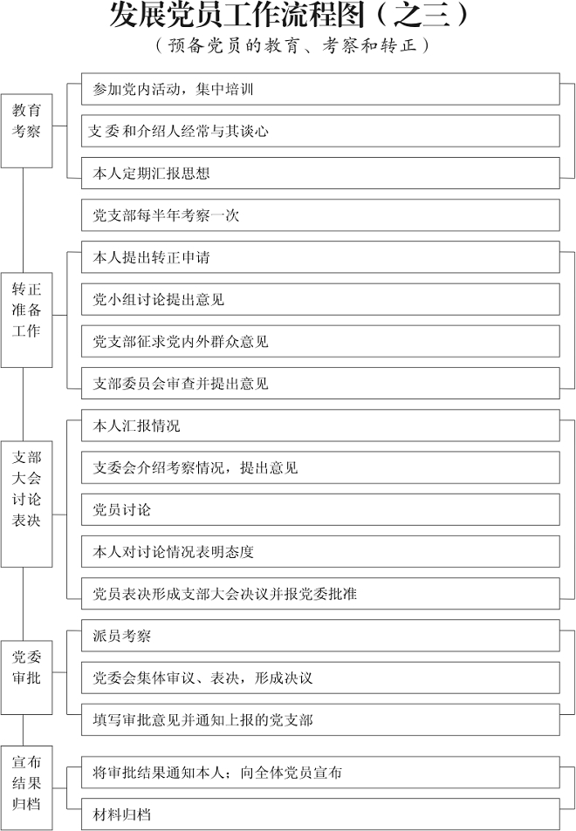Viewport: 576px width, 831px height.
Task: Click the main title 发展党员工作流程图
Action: (237, 14)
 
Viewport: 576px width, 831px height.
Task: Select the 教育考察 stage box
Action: (26, 131)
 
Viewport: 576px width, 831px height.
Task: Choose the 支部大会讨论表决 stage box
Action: (26, 504)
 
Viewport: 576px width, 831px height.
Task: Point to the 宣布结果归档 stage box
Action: (26, 787)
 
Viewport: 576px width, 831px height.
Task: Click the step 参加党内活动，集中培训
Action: (320, 89)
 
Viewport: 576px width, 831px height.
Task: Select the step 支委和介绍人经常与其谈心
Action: (320, 131)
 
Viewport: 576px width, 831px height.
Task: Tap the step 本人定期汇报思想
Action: (320, 174)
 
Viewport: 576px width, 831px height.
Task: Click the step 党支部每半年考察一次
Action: (320, 215)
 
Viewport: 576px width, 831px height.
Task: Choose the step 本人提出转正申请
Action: (320, 257)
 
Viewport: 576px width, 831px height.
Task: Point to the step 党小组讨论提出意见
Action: (320, 299)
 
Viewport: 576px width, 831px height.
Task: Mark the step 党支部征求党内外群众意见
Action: (320, 341)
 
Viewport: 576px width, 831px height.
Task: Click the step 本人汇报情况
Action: (320, 426)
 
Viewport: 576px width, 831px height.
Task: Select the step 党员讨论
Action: (320, 510)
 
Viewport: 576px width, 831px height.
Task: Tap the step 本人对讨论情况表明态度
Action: (320, 552)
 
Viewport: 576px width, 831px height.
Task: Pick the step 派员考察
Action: (320, 636)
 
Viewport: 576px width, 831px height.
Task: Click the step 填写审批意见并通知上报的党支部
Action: (320, 719)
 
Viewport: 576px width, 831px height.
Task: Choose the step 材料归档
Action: (320, 814)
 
